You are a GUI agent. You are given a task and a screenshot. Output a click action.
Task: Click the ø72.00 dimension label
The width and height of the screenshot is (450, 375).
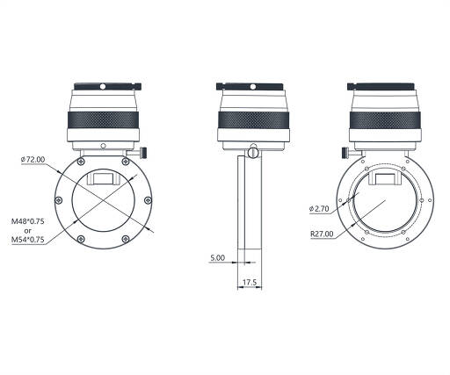pos(33,160)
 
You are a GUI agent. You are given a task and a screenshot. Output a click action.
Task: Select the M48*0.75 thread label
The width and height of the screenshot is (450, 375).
pos(28,221)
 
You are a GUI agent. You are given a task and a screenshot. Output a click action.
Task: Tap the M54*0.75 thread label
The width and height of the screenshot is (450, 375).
pos(28,240)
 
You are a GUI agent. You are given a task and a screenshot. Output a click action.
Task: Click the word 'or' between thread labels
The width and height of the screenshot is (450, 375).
pos(28,231)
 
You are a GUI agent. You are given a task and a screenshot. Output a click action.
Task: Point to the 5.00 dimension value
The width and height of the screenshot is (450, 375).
pos(218,257)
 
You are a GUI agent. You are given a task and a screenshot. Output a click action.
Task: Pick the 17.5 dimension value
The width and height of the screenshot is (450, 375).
pos(250,282)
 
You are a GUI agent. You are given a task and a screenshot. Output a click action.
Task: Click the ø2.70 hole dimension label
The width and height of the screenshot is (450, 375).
pos(319,209)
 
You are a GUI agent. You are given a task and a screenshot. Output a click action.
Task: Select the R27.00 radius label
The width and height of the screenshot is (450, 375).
pos(322,234)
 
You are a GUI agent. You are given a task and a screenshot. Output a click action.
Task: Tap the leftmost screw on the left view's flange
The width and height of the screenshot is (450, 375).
pos(59,200)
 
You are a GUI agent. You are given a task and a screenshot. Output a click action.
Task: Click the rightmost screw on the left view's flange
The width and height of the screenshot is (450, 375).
pos(148,200)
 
